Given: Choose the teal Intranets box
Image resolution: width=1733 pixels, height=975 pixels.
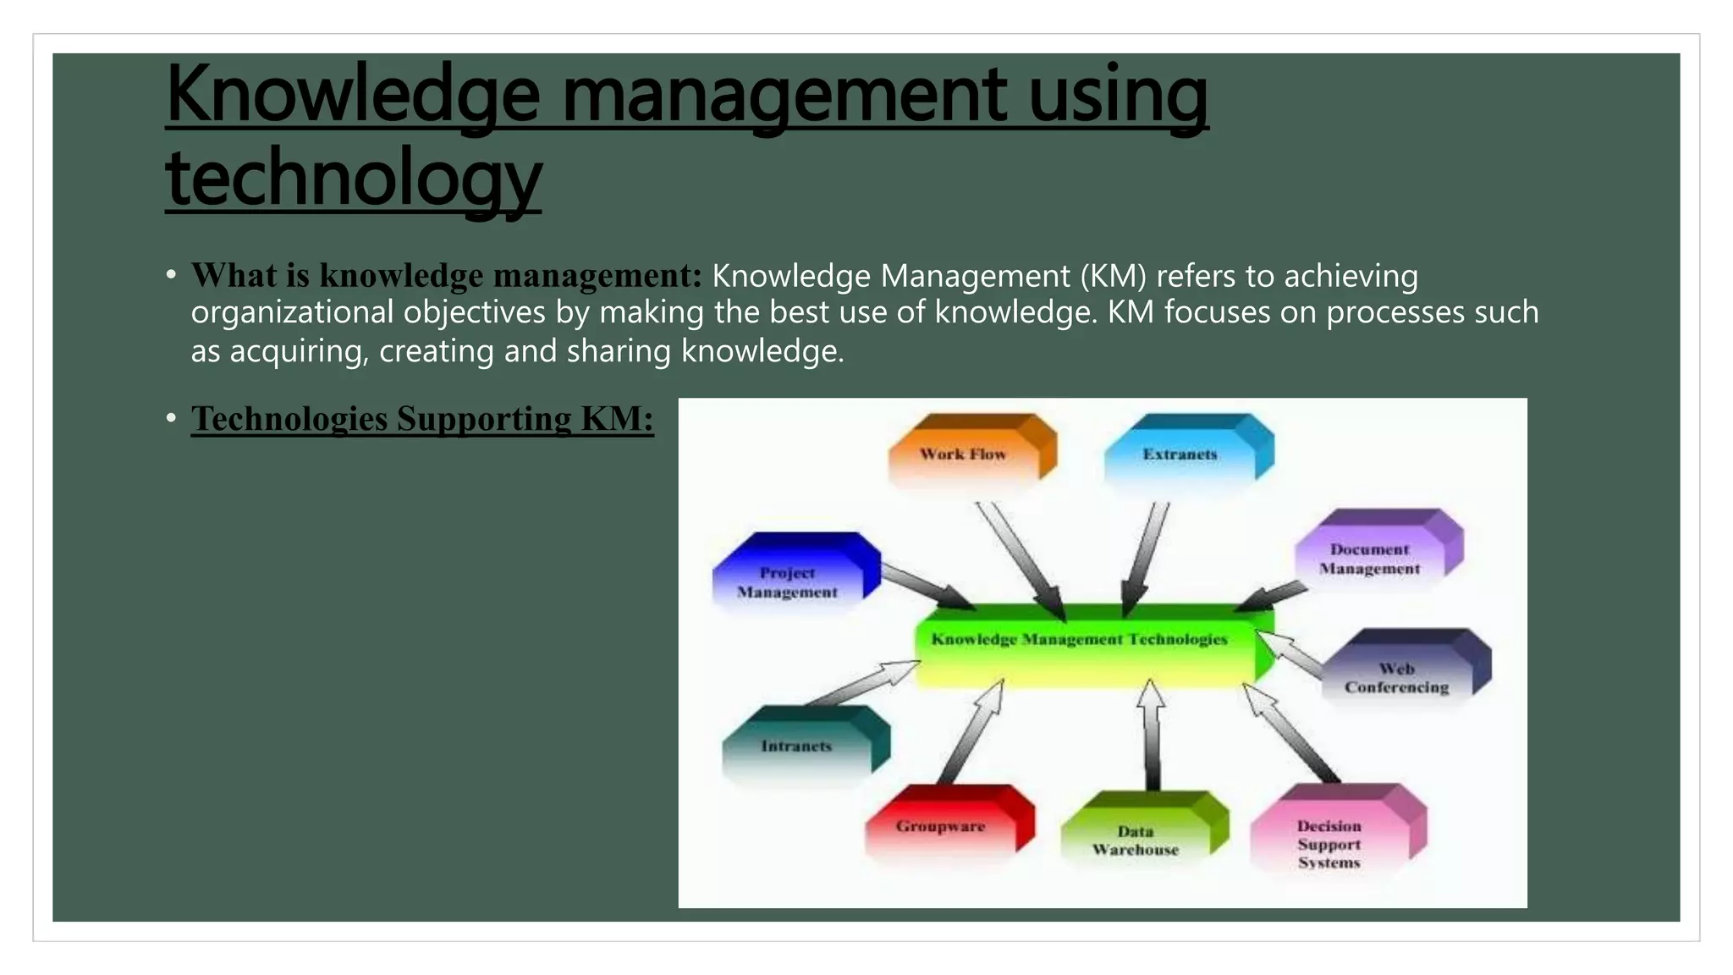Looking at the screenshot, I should (x=797, y=746).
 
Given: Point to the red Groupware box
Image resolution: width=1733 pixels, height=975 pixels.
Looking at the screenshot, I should (x=942, y=825).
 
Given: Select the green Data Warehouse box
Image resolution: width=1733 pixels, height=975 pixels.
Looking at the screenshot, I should (x=1136, y=839).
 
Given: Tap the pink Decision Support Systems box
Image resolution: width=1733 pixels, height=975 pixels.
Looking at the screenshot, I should (x=1330, y=841).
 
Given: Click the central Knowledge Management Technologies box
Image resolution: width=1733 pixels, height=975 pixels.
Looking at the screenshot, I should (x=1080, y=642).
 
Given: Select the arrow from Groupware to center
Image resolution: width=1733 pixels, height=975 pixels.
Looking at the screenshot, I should (x=972, y=732).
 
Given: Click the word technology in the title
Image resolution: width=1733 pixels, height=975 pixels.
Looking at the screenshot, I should (x=353, y=178).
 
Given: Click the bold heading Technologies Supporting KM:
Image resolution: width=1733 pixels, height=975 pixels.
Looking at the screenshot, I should (x=421, y=419).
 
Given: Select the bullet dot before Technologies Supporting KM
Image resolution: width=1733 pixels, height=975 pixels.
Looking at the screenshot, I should (x=171, y=418).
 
